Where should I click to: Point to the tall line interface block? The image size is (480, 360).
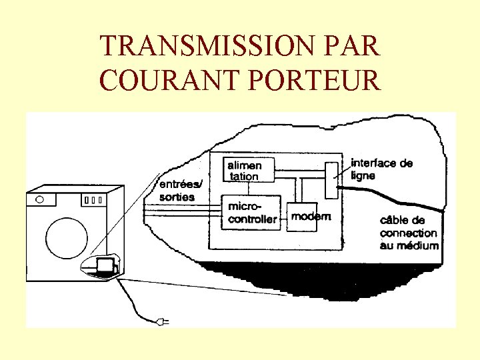click(x=331, y=179)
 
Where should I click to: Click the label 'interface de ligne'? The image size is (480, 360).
click(x=381, y=169)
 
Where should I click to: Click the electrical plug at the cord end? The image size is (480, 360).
click(x=162, y=323)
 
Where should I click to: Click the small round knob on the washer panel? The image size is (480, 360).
click(x=41, y=199)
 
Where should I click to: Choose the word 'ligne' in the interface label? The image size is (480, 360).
click(x=363, y=176)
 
